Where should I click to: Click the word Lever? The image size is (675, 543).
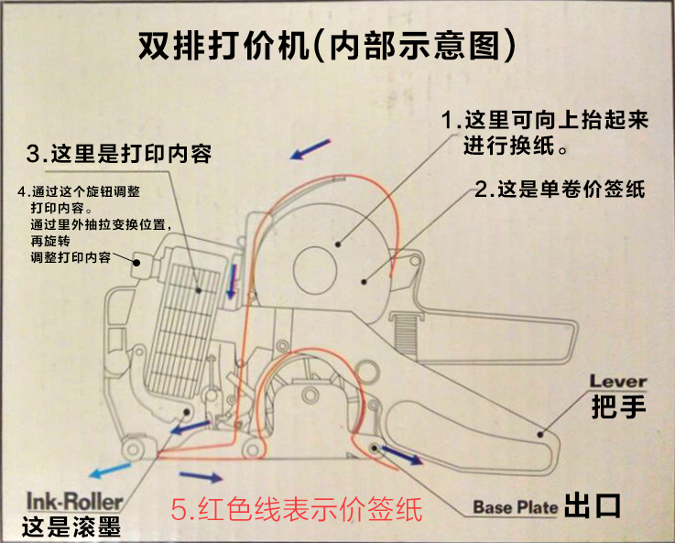click(x=617, y=381)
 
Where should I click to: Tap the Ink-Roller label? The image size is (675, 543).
click(x=75, y=502)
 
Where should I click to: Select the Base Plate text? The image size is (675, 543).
click(x=516, y=507)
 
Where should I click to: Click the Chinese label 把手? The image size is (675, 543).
click(x=618, y=407)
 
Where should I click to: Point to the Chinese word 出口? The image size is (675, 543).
click(x=593, y=505)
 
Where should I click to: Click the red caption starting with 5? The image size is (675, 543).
click(x=297, y=509)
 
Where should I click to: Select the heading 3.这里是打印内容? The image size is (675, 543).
click(x=119, y=154)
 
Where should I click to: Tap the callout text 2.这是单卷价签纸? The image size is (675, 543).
click(x=560, y=189)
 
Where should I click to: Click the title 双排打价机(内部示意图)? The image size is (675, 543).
click(x=327, y=45)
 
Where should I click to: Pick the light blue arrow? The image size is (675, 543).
click(x=110, y=470)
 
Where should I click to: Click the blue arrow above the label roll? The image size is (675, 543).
click(x=310, y=149)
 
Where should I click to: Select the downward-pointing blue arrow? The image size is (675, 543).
click(x=233, y=281)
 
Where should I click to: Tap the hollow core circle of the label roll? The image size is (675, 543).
click(x=315, y=270)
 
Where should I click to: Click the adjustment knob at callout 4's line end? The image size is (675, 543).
click(x=141, y=264)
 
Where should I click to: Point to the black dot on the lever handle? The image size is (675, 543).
click(x=540, y=434)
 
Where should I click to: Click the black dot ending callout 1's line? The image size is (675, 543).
click(x=338, y=244)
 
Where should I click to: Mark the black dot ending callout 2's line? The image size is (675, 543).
click(x=365, y=282)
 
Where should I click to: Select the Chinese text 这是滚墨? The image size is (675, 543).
click(x=71, y=527)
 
